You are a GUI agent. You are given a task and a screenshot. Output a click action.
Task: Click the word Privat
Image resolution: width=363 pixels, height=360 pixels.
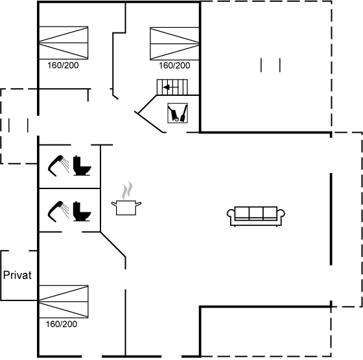click(x=18, y=275)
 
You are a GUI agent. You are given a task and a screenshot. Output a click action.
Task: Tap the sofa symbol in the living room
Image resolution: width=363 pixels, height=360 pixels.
click(x=256, y=216)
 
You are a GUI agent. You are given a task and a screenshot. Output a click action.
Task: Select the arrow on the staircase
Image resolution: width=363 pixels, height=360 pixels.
click(x=171, y=87)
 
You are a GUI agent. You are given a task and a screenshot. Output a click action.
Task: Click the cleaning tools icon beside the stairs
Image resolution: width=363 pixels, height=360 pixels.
click(x=178, y=113)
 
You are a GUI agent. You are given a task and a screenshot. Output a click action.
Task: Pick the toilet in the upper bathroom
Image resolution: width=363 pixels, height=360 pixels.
click(x=82, y=166)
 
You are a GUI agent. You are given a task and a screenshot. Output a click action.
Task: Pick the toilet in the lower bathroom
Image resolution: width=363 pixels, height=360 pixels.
click(x=82, y=211)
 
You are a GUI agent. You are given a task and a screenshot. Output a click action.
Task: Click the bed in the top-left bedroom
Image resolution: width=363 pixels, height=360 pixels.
click(x=64, y=43)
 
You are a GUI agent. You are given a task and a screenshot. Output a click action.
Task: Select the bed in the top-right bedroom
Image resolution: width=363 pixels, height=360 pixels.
click(x=174, y=43)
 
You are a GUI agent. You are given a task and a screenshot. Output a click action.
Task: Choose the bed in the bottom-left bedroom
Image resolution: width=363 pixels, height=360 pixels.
click(x=64, y=302)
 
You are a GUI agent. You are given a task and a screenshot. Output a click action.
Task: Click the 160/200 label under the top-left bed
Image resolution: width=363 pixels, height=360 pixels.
click(x=63, y=65)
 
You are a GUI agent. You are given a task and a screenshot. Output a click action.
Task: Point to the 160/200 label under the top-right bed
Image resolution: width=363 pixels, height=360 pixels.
click(x=174, y=65)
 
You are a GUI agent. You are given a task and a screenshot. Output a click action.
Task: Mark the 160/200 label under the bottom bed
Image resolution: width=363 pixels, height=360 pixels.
click(x=62, y=324)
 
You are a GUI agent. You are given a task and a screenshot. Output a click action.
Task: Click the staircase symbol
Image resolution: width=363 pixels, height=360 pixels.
click(x=172, y=87)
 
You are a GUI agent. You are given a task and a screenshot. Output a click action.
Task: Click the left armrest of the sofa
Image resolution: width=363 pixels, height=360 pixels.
click(x=231, y=213)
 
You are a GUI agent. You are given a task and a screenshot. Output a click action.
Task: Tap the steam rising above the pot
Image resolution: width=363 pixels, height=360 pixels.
click(x=127, y=190)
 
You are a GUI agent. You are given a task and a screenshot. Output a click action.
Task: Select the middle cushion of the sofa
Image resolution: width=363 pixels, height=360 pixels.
click(x=256, y=212)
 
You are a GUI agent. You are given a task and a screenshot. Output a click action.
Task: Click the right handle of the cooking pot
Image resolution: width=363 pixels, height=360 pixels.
click(x=139, y=204)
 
